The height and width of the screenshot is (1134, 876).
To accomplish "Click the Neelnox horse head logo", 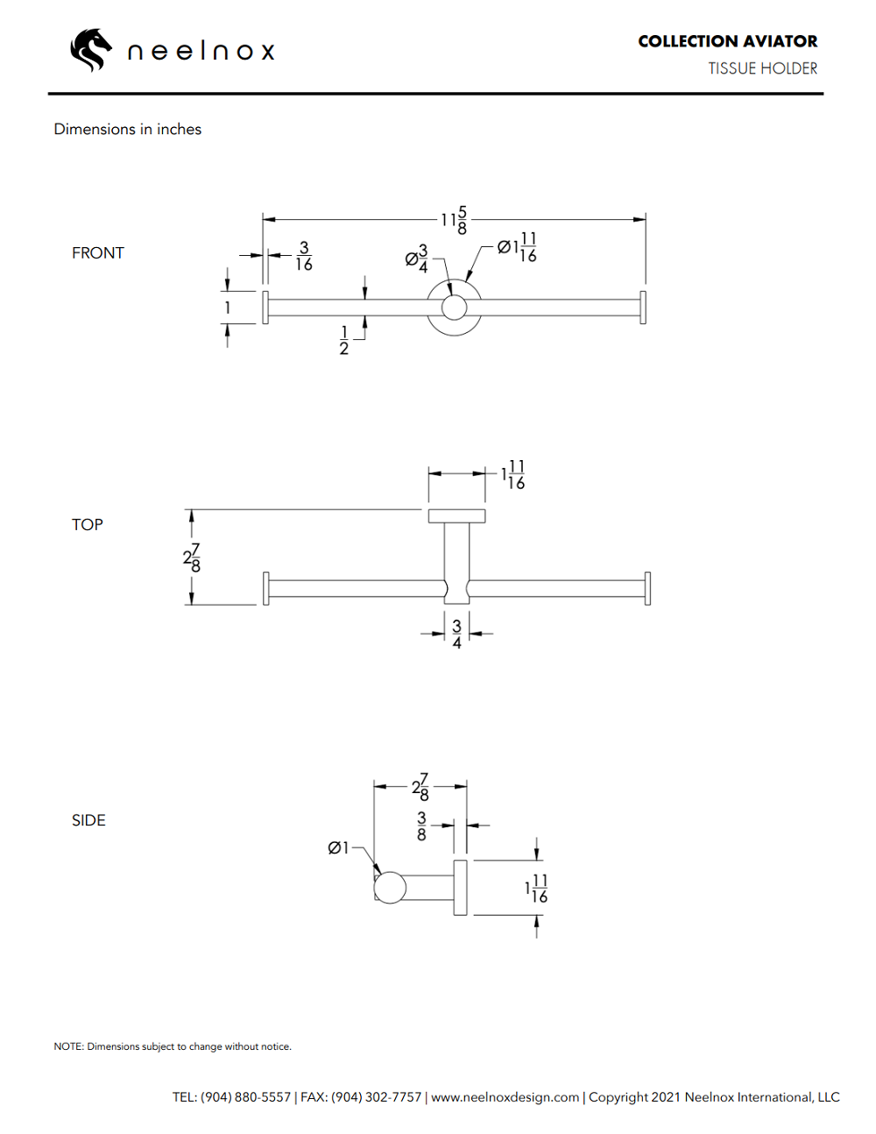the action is click(91, 50).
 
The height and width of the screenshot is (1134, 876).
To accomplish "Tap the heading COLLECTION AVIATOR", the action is click(727, 41).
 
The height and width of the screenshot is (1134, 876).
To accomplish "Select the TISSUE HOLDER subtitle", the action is click(762, 68).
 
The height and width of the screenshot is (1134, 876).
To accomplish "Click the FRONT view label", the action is click(97, 253).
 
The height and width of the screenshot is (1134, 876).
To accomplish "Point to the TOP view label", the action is click(87, 524).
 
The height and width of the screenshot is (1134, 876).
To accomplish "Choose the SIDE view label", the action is click(88, 820).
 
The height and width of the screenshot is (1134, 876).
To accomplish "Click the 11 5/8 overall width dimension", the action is click(454, 220).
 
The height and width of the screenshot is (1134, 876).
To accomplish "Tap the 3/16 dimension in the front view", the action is click(304, 256).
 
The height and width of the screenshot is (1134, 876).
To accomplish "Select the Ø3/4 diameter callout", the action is click(417, 259).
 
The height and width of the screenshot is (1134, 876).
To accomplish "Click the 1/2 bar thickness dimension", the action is click(344, 340).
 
